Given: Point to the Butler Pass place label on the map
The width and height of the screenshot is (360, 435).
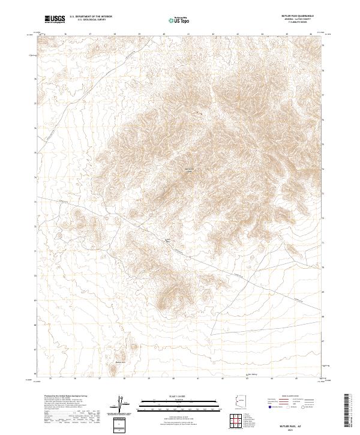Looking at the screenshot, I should [168, 240].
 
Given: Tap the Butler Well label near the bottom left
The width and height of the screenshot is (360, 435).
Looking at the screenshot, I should [119, 362].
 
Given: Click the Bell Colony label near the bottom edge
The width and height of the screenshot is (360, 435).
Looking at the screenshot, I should [253, 376].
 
